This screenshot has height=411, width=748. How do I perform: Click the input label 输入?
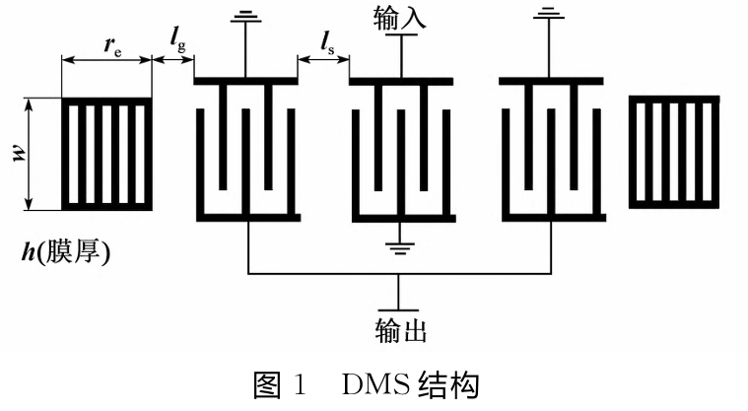click(x=400, y=18)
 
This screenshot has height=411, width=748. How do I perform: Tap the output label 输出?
click(x=401, y=330)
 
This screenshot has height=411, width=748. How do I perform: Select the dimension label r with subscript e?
click(x=112, y=45)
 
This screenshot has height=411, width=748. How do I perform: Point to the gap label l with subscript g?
click(x=177, y=39)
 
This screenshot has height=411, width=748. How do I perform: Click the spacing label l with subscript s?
click(x=327, y=43)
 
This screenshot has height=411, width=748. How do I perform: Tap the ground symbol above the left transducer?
click(x=245, y=17)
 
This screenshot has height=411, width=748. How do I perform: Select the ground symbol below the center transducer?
click(x=401, y=247)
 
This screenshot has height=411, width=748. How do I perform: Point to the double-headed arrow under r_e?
click(x=106, y=60)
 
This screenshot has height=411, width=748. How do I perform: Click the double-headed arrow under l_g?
click(x=173, y=60)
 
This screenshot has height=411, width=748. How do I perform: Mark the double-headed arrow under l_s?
click(x=323, y=60)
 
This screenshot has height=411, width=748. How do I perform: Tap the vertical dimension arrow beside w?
click(x=30, y=154)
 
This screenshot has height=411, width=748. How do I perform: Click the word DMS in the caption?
click(x=375, y=385)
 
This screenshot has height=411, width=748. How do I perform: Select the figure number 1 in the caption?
click(x=300, y=385)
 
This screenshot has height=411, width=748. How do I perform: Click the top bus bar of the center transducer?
click(x=401, y=82)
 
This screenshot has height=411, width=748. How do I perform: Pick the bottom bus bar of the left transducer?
click(x=248, y=218)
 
